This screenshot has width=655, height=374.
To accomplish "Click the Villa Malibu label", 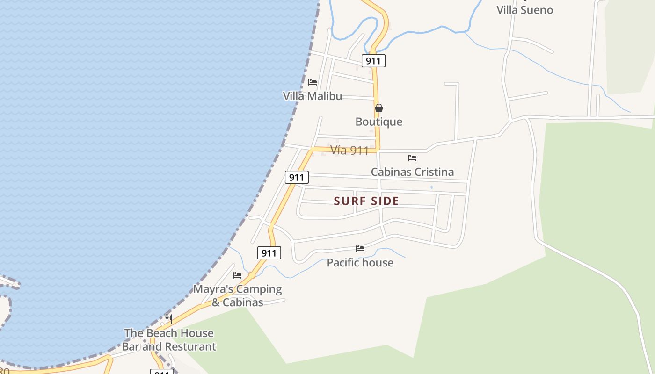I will [313, 96].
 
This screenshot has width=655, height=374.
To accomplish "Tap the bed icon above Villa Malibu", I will [313, 82].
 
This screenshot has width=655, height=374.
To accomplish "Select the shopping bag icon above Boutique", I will [379, 108].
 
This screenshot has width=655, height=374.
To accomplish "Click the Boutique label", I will [379, 122].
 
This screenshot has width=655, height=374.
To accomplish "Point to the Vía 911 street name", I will [349, 151].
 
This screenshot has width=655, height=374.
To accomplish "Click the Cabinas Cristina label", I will [412, 172].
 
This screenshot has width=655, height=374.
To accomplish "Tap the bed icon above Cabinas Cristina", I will [412, 158].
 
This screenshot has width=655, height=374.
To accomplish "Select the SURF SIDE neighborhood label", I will [366, 201].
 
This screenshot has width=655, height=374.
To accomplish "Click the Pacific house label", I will [360, 263].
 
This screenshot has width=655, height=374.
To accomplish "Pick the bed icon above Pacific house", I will [360, 249].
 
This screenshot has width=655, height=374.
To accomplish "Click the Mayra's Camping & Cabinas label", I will [238, 295].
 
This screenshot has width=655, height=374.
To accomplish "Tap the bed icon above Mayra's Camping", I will [237, 275].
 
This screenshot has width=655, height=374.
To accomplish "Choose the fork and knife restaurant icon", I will [169, 319].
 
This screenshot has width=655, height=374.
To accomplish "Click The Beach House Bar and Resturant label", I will [169, 340].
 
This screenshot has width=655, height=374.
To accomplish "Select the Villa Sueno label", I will [524, 10].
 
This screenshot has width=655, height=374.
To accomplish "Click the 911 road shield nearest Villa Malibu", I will [373, 61].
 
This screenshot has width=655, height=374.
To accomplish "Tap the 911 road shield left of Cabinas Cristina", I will [297, 177].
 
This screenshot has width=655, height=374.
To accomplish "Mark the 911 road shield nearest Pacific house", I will [269, 253].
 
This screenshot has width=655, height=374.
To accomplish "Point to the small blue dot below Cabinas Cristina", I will [431, 187].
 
